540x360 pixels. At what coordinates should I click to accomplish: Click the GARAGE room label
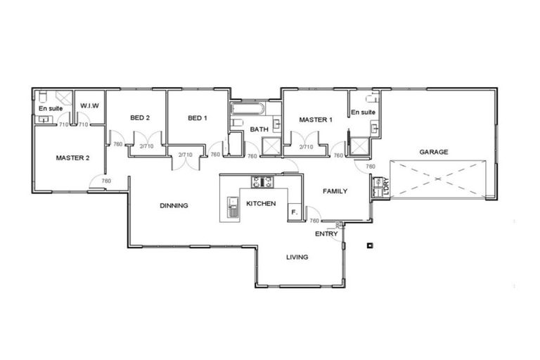(x=433, y=152)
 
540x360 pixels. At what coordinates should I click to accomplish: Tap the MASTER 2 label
(x=72, y=158)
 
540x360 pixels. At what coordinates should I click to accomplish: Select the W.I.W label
(x=89, y=105)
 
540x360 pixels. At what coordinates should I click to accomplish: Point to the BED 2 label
(x=140, y=117)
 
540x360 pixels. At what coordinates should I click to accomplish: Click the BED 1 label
(x=198, y=117)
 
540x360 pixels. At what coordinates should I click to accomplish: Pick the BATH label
(x=259, y=129)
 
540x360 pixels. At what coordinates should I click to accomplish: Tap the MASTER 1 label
(x=315, y=120)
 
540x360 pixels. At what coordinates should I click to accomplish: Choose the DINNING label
(x=174, y=206)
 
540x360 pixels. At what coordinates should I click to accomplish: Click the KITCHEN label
(x=261, y=204)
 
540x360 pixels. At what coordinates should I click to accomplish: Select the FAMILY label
(x=335, y=191)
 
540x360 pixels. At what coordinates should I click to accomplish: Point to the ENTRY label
(x=326, y=233)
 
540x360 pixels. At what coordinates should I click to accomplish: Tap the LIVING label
(x=297, y=257)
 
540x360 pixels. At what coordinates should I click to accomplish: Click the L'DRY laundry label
(x=385, y=187)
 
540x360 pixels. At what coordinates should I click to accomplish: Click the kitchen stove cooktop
(x=262, y=182)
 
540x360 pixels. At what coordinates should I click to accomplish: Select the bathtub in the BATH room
(x=247, y=110)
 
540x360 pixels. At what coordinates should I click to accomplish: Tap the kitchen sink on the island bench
(x=233, y=207)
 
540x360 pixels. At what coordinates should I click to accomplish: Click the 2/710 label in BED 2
(x=146, y=146)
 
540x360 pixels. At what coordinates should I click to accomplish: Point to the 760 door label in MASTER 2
(x=106, y=181)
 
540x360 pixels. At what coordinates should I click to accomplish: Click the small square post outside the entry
(x=370, y=245)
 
